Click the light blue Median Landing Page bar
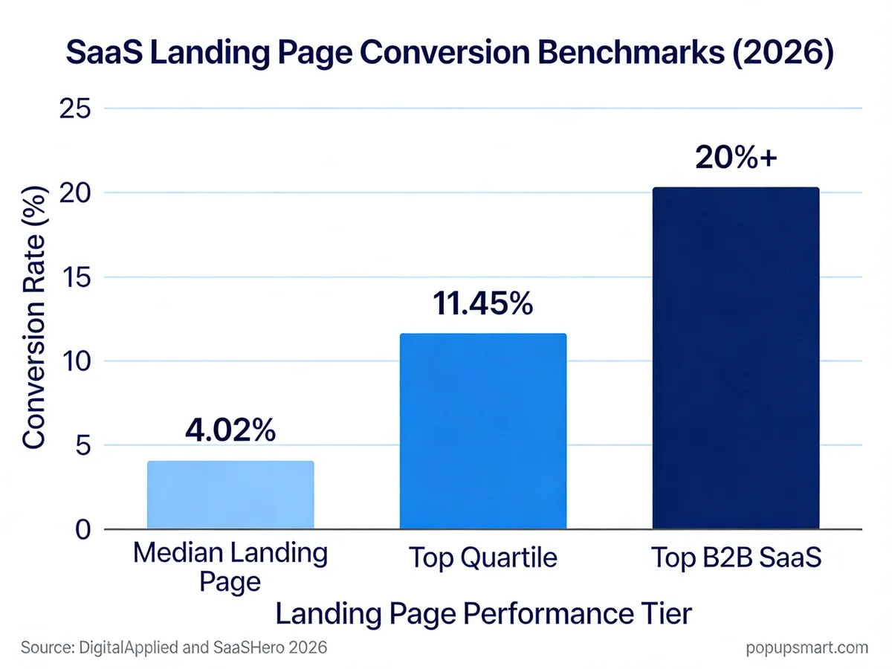(230, 495)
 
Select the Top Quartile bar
(483, 431)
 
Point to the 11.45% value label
(483, 303)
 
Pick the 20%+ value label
(736, 158)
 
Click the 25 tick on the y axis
(73, 109)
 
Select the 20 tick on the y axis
(73, 193)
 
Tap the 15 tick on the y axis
(73, 277)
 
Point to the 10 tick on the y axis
(73, 361)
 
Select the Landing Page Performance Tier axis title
(483, 615)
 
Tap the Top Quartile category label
(483, 557)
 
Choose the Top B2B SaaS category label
(736, 557)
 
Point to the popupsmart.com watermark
(807, 647)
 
